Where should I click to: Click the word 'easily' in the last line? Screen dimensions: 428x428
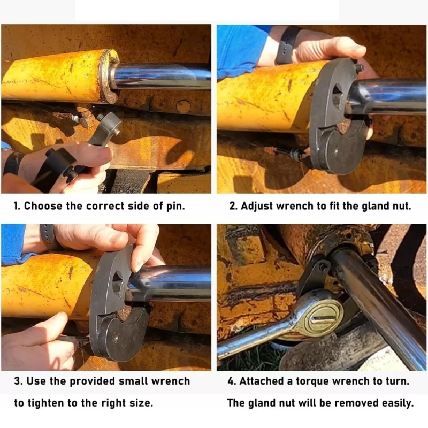[x=395, y=403]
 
